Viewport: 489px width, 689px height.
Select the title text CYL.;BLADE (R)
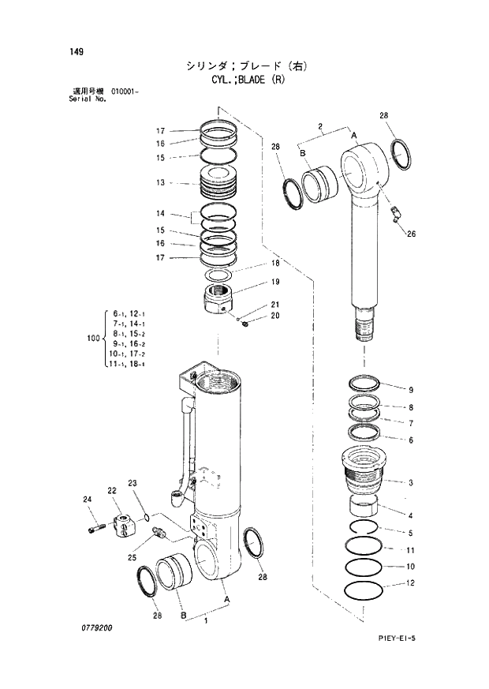click(x=243, y=80)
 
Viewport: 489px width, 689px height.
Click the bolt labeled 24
click(x=95, y=526)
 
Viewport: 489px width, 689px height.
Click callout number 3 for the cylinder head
click(x=410, y=482)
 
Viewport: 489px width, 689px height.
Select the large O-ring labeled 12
click(x=364, y=589)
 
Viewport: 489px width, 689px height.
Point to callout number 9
click(x=410, y=390)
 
